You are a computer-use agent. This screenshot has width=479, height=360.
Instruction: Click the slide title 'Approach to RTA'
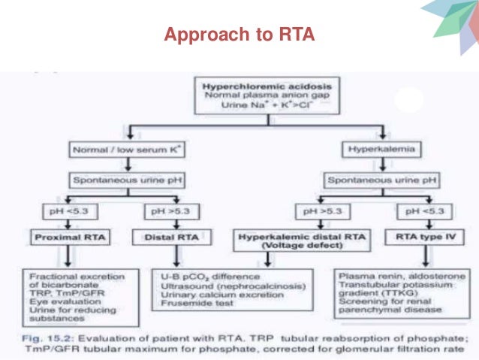point(239,35)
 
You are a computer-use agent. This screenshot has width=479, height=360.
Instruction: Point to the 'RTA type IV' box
point(417,239)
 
